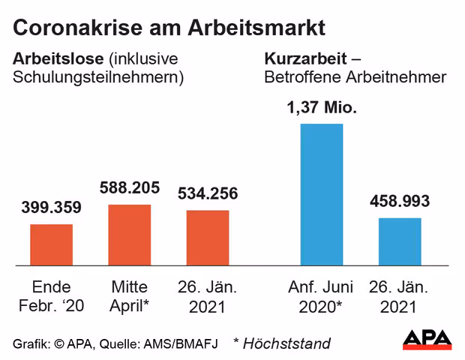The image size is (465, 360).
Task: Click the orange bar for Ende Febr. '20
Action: pos(51,244)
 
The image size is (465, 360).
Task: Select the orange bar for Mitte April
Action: pos(130,235)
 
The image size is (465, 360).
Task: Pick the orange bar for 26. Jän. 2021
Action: pos(207,238)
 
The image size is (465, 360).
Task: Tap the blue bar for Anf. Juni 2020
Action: pos(321,194)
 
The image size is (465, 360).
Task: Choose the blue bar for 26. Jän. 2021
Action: pos(400,241)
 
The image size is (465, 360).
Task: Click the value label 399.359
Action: pos(51,207)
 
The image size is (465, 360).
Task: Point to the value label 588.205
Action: pos(130,187)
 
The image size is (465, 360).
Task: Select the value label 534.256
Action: pos(208,193)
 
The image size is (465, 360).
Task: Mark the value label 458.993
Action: pos(400,201)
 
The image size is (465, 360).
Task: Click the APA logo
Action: pos(427,340)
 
